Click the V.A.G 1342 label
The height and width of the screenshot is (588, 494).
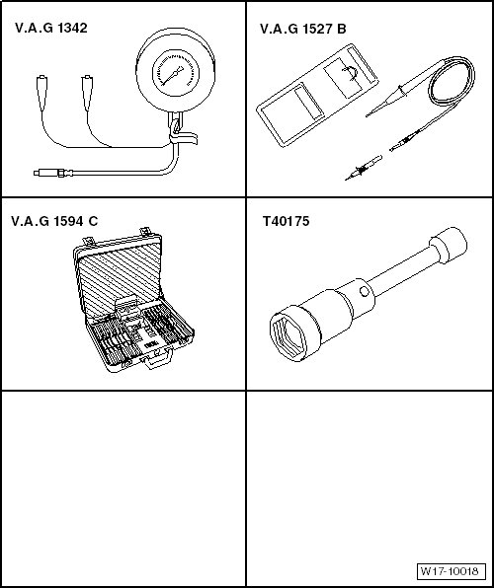point(51,29)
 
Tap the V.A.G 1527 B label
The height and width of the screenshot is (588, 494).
point(302,29)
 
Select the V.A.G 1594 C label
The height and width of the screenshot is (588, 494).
point(54,221)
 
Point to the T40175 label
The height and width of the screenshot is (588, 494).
point(286,221)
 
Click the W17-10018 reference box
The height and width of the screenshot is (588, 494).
point(452,571)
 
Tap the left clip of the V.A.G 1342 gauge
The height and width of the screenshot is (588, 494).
point(41,93)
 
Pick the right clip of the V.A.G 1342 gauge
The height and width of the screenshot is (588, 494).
point(87,93)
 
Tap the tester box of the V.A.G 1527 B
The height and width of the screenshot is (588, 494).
point(317,95)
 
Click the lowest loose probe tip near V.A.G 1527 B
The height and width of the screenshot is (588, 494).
point(364,168)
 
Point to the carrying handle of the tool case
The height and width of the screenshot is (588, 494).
point(157,359)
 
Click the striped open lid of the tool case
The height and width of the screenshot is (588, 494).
point(120,277)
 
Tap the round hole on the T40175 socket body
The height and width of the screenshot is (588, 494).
point(364,292)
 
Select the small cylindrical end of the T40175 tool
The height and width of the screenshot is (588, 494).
point(449,245)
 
